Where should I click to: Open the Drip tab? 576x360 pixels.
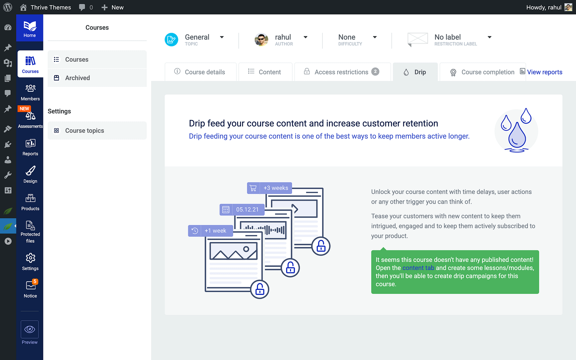[415, 72]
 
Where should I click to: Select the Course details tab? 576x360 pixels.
[200, 72]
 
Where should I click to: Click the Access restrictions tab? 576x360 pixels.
[342, 72]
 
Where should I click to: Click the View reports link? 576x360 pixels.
[544, 72]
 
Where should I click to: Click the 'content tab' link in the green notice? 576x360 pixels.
[418, 268]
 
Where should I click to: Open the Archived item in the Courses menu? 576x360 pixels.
[77, 78]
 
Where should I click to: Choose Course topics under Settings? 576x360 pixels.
[84, 131]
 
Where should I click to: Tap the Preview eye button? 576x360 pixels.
[30, 329]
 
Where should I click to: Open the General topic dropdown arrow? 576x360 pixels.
[222, 37]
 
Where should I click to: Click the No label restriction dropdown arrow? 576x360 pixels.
[489, 37]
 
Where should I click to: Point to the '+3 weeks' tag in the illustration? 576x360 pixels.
[269, 188]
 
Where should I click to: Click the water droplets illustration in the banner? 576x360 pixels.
[516, 130]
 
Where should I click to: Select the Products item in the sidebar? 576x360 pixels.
[30, 202]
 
